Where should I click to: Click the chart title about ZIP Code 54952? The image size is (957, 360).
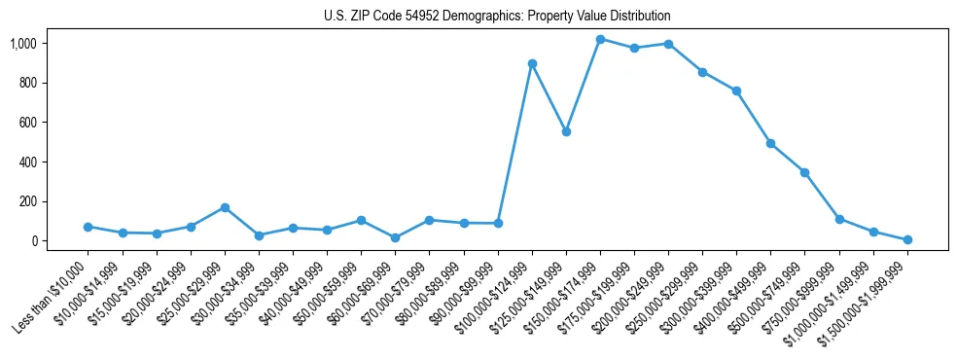(497, 17)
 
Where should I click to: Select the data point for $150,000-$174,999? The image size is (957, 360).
(600, 40)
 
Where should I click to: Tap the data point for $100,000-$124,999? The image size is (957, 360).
(532, 64)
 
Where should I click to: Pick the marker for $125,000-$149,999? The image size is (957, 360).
(566, 131)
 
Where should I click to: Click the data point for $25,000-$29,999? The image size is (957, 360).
(225, 207)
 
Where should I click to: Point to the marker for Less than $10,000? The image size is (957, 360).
(88, 227)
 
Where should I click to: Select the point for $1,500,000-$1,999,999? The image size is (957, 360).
(907, 239)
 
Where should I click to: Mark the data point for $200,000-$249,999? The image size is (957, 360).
(668, 44)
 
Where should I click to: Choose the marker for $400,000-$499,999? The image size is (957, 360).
(770, 143)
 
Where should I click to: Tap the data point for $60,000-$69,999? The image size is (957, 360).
(395, 237)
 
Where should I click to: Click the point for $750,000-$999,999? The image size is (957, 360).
(839, 219)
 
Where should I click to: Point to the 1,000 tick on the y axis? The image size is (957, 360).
(38, 44)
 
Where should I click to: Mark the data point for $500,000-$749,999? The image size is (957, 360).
(804, 172)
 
